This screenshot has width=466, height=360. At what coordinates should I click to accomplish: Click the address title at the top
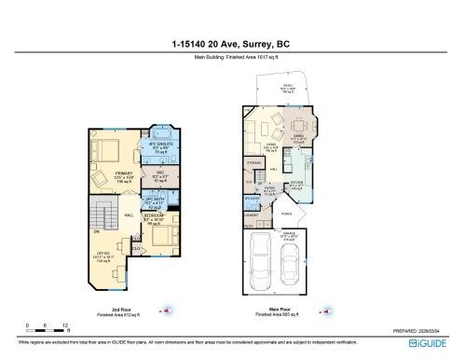(232, 43)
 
